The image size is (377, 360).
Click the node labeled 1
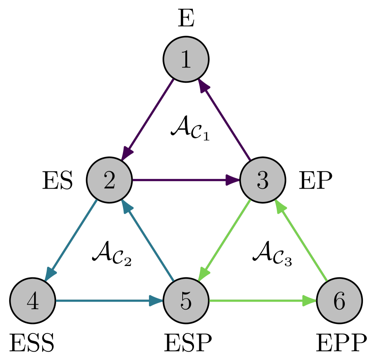coord(186,59)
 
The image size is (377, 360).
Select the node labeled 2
coord(109,180)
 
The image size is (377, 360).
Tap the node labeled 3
coord(262,180)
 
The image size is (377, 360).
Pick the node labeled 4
coord(33,301)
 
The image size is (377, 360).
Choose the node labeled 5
coord(186,301)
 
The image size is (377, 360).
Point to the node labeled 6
coord(339,301)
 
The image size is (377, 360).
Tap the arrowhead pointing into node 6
coord(310,301)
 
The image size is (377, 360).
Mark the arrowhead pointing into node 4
coord(50,274)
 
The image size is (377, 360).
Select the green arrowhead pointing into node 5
coord(204,274)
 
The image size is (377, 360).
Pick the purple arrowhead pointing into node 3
coord(233,180)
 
